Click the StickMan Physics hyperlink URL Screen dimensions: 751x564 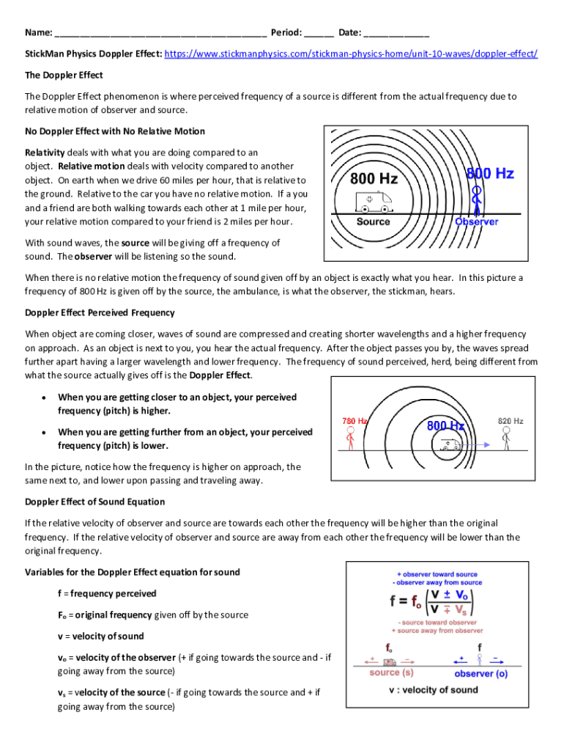(351, 54)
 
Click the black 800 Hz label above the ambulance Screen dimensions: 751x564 (374, 179)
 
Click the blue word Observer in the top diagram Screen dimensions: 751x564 (476, 221)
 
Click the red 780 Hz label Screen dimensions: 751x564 (355, 421)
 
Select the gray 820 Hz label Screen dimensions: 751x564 (511, 421)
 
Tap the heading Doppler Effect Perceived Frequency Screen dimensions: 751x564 (100, 312)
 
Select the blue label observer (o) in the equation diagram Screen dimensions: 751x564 (480, 673)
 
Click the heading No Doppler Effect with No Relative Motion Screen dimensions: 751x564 (115, 131)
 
